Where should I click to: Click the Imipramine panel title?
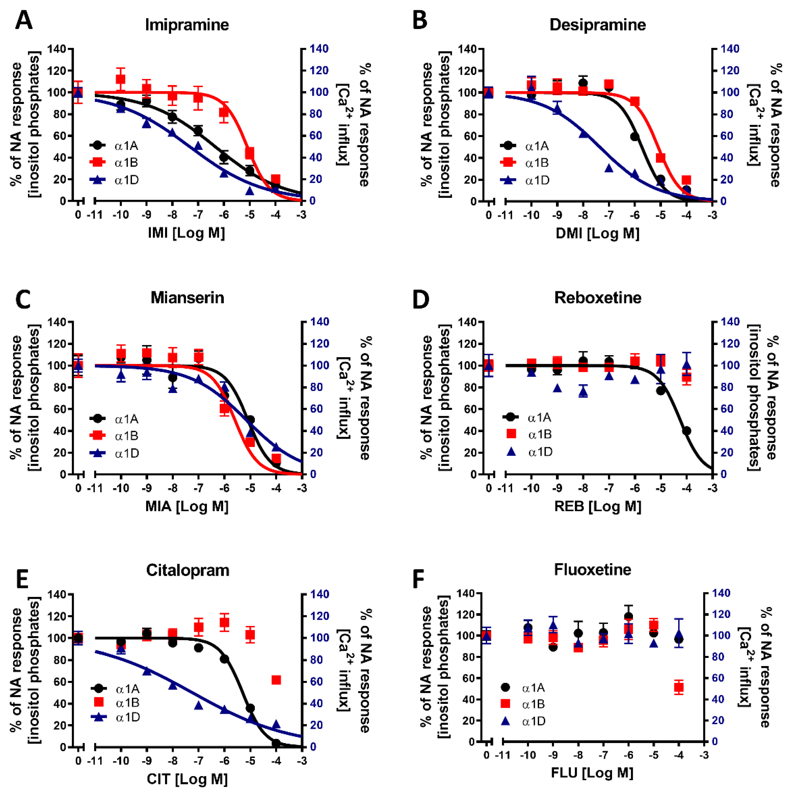187,25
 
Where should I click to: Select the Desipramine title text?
597,25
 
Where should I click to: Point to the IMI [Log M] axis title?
186,233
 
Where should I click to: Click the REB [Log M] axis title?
597,506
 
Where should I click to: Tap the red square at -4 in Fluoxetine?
679,687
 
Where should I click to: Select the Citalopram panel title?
187,570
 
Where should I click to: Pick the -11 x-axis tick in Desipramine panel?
506,215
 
